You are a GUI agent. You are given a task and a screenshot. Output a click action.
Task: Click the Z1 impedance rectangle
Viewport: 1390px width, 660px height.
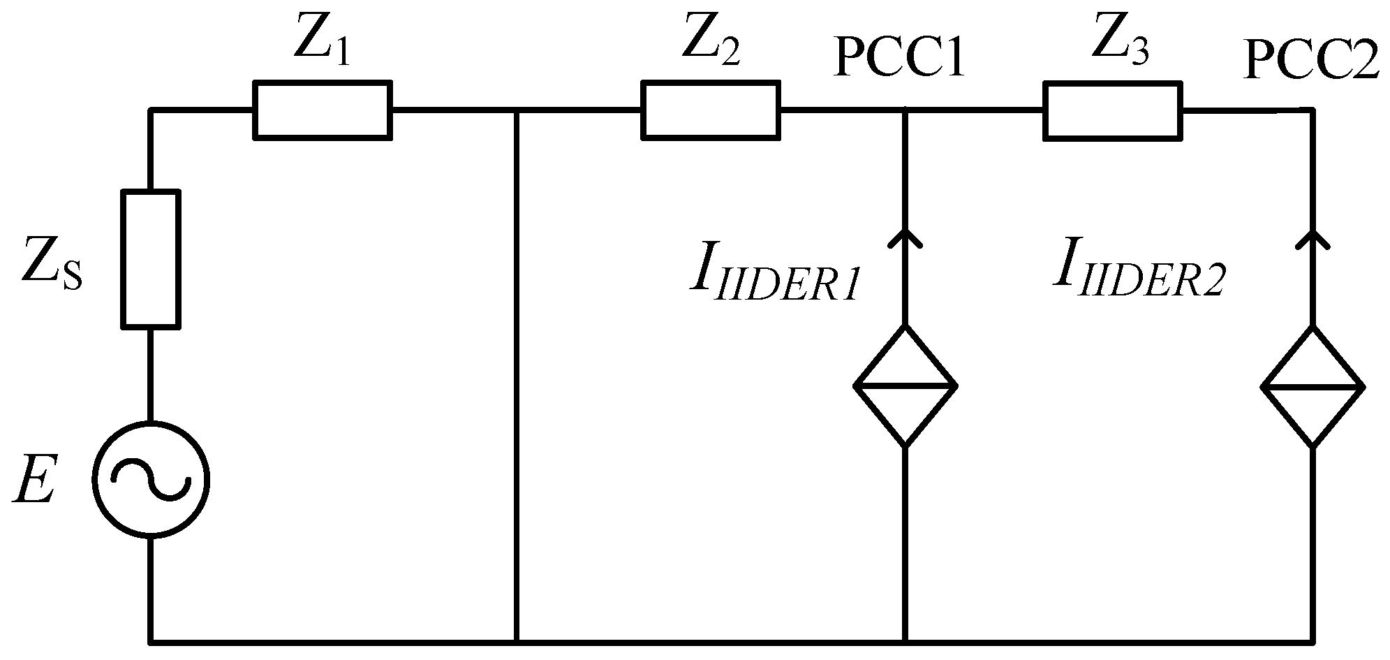point(322,110)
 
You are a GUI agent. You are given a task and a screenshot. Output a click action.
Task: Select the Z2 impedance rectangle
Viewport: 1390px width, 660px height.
point(710,110)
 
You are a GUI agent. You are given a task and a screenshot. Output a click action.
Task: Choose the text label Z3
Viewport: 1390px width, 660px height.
point(1118,43)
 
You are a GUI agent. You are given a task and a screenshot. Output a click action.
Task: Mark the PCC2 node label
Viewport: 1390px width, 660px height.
point(1311,61)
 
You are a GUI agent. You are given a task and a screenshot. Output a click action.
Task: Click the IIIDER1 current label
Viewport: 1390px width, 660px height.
point(772,277)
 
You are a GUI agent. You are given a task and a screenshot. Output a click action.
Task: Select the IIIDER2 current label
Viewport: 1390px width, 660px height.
point(1138,274)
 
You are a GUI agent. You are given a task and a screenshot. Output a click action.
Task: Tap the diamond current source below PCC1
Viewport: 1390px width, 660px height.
point(905,386)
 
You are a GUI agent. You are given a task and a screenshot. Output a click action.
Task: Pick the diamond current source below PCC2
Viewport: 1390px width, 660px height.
point(1313,386)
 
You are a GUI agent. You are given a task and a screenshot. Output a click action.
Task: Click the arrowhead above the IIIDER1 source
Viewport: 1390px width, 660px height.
point(905,237)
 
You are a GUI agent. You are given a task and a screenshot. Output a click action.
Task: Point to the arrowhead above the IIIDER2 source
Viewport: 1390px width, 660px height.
point(1313,237)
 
